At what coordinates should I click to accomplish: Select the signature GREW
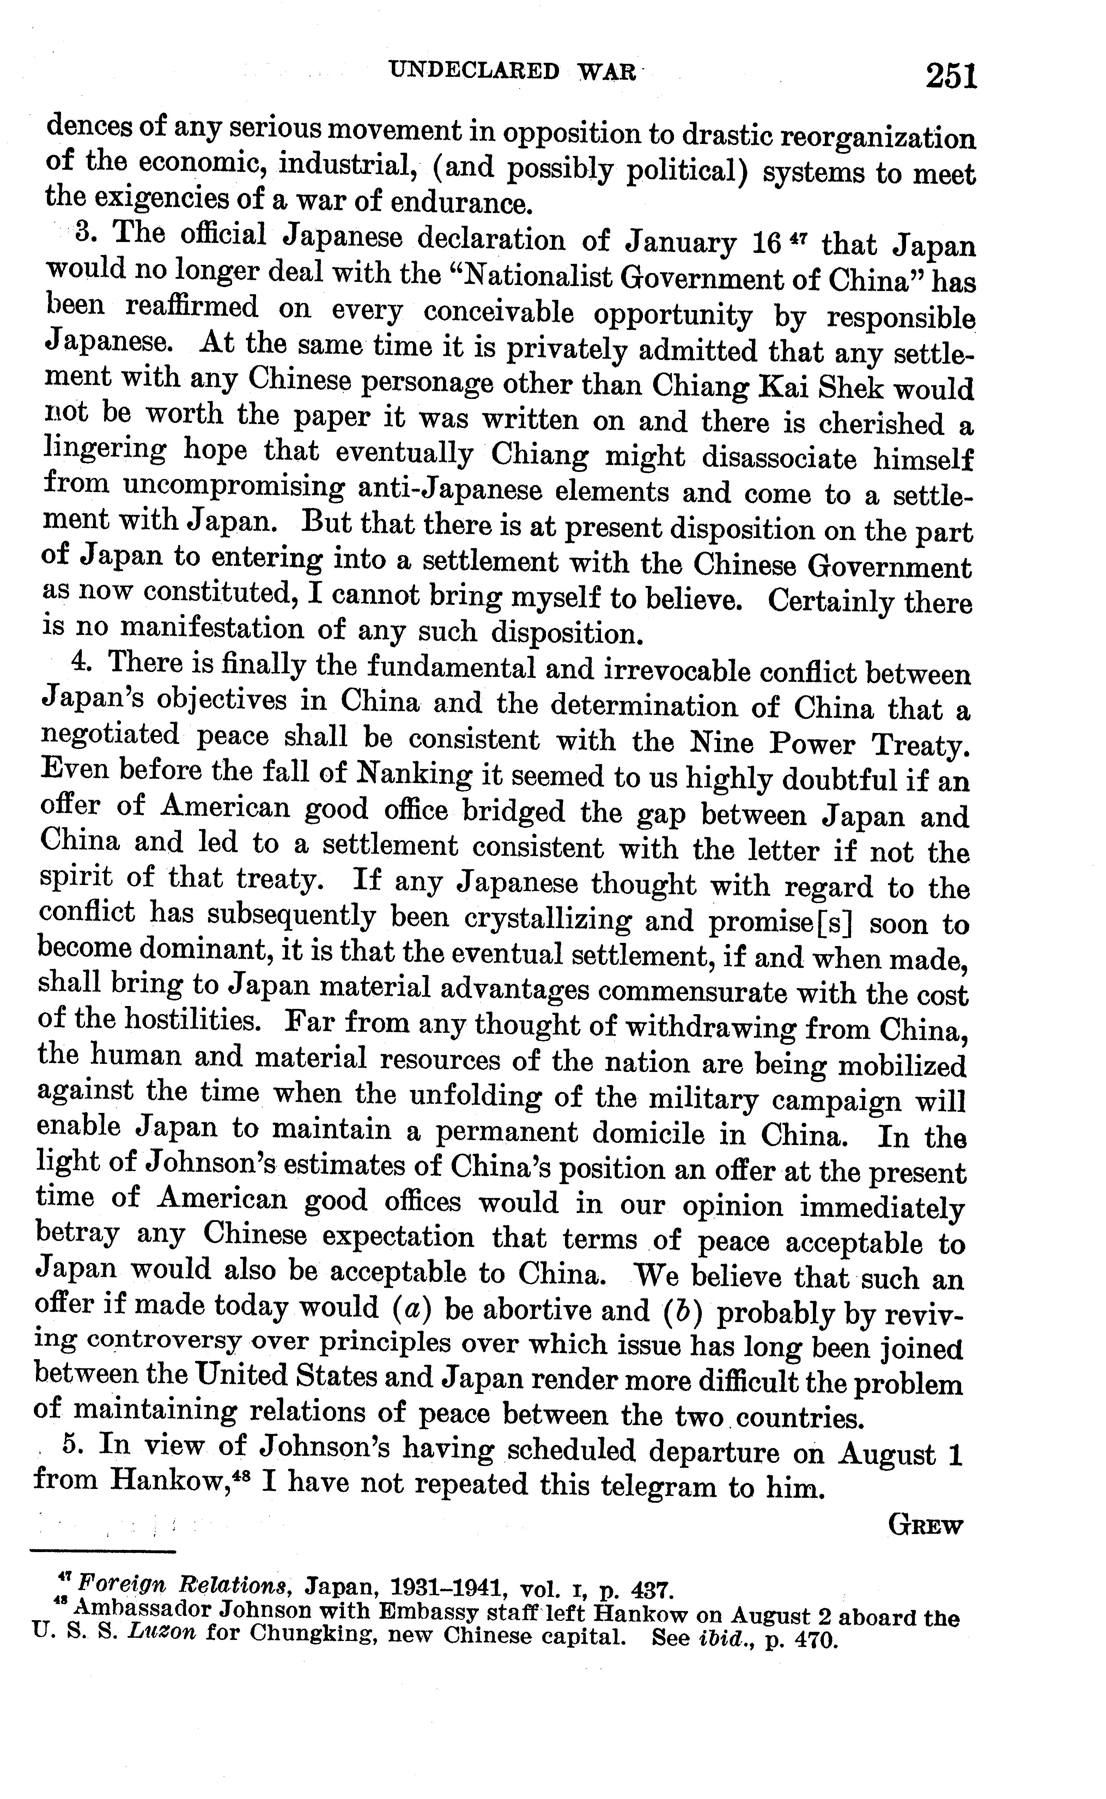tap(925, 1526)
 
